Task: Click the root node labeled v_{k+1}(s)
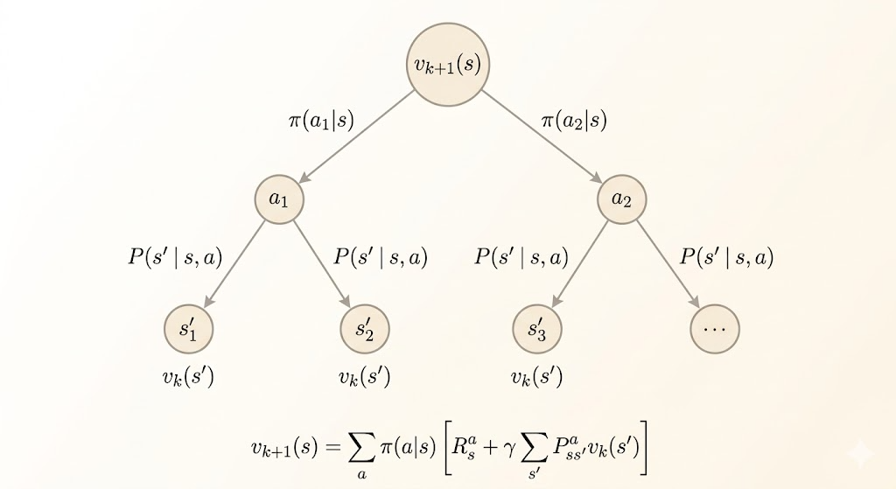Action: (447, 65)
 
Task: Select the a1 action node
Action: (278, 199)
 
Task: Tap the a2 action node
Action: (621, 199)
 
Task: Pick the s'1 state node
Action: (189, 329)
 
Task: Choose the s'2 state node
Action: (364, 329)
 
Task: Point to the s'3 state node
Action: (536, 329)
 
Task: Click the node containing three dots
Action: (715, 329)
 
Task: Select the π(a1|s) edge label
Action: (321, 121)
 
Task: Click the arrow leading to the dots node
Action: (668, 263)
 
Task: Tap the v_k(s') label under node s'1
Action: (189, 379)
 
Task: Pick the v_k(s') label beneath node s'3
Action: (536, 379)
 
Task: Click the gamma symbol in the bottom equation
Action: (506, 447)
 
